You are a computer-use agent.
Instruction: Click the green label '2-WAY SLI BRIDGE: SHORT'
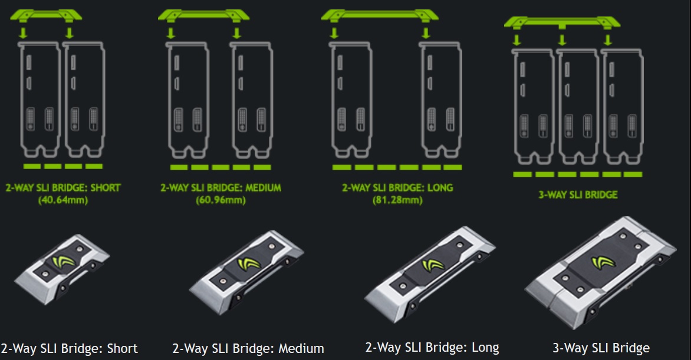(x=64, y=188)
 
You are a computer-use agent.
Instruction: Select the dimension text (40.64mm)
(x=64, y=200)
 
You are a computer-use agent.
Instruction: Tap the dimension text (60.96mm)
(x=221, y=200)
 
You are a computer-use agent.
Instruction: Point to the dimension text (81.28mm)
(x=397, y=200)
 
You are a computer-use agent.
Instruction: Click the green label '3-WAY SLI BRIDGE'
(x=578, y=194)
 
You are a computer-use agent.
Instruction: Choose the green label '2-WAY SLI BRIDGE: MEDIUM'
(x=221, y=188)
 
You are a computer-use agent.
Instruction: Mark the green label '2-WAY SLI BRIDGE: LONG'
(x=397, y=188)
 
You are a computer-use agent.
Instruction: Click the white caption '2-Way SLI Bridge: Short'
(x=70, y=348)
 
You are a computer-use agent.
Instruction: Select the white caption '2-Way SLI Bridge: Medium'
(x=248, y=348)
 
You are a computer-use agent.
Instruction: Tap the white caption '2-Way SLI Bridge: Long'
(x=432, y=348)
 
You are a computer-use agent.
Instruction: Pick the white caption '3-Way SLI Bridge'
(x=601, y=348)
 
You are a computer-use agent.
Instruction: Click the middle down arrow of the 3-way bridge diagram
(x=562, y=39)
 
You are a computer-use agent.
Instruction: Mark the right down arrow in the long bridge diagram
(x=425, y=32)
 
